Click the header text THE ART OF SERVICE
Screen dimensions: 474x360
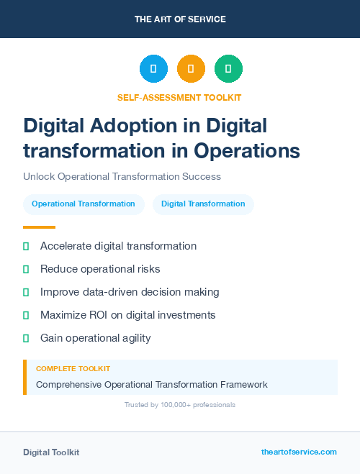pyautogui.click(x=180, y=19)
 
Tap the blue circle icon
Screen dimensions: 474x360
pyautogui.click(x=153, y=69)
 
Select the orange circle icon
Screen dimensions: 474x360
pyautogui.click(x=191, y=69)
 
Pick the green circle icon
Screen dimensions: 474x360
pyautogui.click(x=229, y=69)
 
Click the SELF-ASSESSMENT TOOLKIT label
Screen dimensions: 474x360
pyautogui.click(x=179, y=97)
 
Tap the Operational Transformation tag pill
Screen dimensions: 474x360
pyautogui.click(x=84, y=204)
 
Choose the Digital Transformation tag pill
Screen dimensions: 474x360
pyautogui.click(x=203, y=204)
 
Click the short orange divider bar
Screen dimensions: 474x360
pyautogui.click(x=39, y=227)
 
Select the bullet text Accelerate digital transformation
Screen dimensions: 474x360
pyautogui.click(x=118, y=246)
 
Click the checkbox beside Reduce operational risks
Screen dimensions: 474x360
pyautogui.click(x=26, y=269)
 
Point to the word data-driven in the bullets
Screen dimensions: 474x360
pyautogui.click(x=114, y=292)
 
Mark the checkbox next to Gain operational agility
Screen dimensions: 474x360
pyautogui.click(x=26, y=338)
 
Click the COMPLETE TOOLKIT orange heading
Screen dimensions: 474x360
pyautogui.click(x=73, y=368)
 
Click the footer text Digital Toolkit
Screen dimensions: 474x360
pyautogui.click(x=51, y=452)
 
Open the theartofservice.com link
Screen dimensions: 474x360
pyautogui.click(x=299, y=452)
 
